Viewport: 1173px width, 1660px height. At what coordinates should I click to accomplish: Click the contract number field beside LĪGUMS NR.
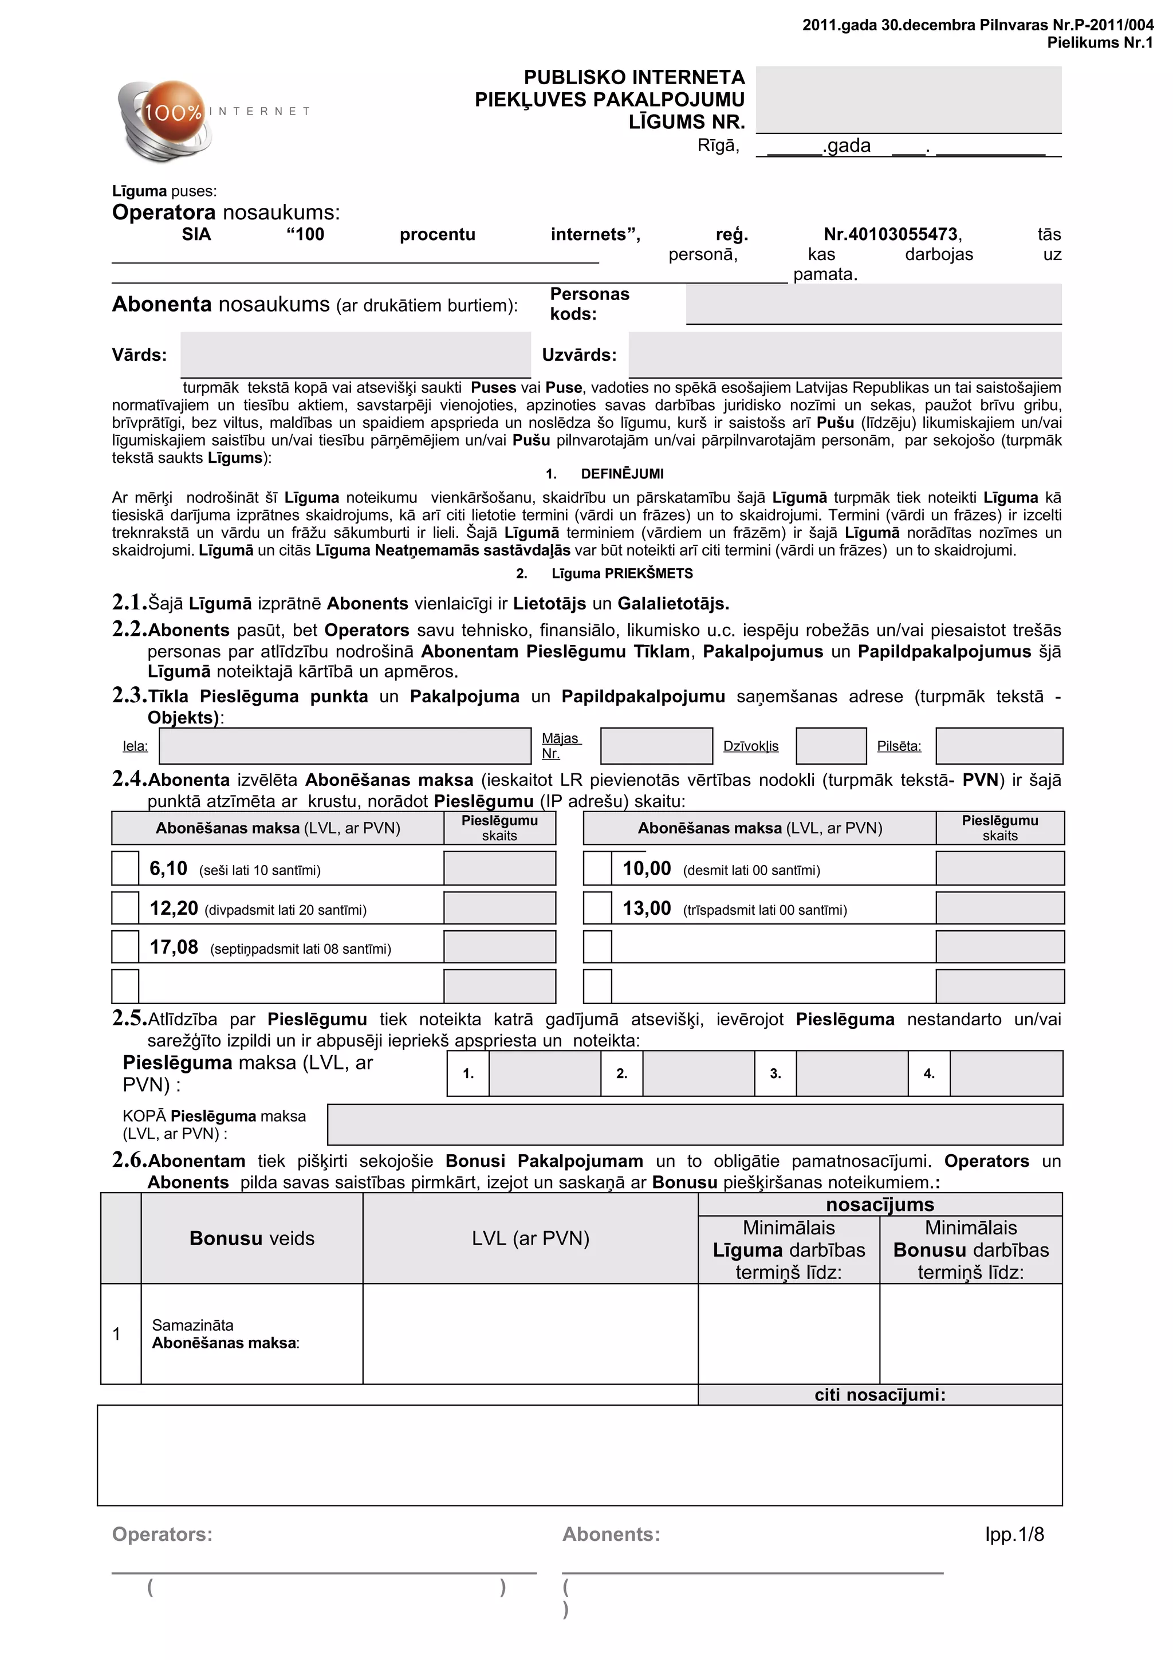pos(908,99)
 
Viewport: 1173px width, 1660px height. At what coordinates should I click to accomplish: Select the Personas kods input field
pos(873,304)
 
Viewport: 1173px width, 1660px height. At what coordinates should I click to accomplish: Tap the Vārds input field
pos(355,354)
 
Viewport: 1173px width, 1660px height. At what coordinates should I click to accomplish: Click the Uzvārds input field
pos(844,354)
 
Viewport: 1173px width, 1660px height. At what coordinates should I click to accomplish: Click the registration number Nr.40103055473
pos(892,234)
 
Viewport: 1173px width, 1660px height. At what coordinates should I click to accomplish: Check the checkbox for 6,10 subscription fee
pos(125,868)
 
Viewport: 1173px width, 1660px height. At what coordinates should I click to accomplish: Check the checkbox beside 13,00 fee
pos(597,907)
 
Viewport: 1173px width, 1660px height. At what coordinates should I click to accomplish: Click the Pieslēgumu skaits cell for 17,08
pos(499,946)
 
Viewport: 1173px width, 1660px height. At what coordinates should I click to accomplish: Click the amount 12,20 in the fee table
pos(174,908)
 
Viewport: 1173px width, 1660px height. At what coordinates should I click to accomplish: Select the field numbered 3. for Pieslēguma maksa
pos(851,1073)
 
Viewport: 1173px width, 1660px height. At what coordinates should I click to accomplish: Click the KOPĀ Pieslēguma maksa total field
pos(695,1124)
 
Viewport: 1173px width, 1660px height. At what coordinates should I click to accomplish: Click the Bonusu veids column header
pos(251,1238)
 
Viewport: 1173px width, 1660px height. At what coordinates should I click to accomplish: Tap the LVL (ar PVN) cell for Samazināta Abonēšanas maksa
pos(530,1333)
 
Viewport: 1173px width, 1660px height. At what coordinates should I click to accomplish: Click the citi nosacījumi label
pos(880,1394)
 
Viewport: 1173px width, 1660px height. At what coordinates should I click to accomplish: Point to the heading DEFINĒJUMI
pos(621,474)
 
